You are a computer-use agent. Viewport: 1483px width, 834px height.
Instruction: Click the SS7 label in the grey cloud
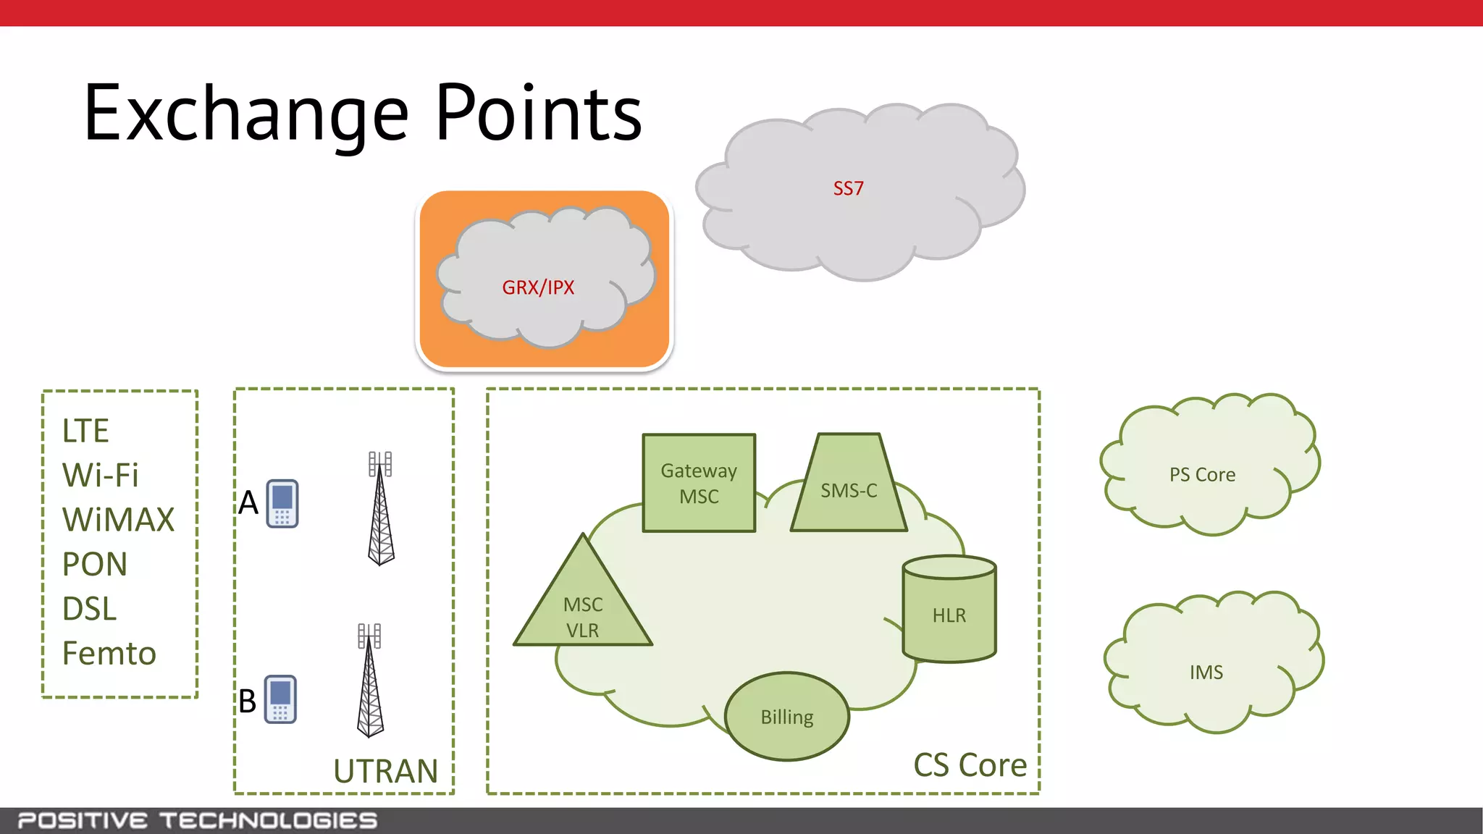click(848, 189)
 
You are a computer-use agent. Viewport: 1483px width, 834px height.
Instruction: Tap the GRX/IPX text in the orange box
click(538, 287)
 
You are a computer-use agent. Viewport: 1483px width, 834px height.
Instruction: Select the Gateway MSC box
click(699, 484)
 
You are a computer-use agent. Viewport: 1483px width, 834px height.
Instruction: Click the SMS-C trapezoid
click(849, 490)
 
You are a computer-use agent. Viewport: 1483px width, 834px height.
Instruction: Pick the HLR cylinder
click(949, 612)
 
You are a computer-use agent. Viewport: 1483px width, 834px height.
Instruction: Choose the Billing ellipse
click(787, 717)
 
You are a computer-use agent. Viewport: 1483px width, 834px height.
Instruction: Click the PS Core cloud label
click(1202, 475)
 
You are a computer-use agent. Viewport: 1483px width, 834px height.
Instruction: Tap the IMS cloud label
click(1206, 673)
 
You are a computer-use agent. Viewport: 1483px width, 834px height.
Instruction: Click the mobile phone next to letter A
click(282, 504)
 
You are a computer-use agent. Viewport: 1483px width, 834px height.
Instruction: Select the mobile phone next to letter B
click(280, 699)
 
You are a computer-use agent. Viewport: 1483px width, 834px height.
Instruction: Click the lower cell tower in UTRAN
click(370, 681)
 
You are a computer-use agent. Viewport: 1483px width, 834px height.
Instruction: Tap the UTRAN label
click(385, 771)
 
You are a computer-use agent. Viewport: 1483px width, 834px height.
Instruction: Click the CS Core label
click(970, 765)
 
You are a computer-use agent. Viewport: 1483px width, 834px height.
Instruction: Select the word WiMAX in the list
click(118, 520)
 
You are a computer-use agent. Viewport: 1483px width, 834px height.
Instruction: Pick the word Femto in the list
click(109, 653)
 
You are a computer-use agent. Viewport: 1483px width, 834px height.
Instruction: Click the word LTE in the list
click(85, 431)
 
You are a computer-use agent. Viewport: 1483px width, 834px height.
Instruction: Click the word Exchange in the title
click(246, 114)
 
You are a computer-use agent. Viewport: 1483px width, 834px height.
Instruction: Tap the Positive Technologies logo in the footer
click(197, 821)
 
